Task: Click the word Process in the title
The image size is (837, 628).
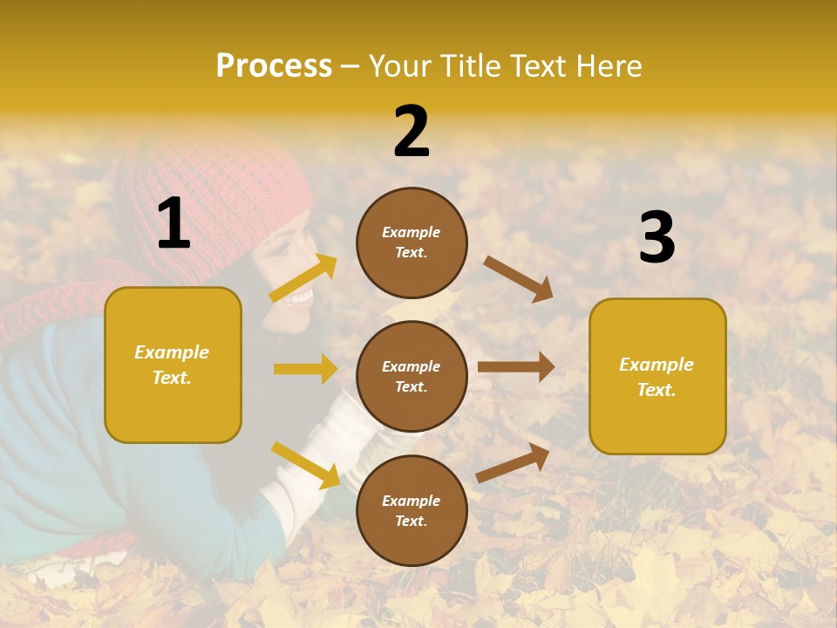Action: click(x=274, y=66)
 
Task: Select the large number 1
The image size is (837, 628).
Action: click(x=174, y=224)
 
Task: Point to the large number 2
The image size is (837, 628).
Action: click(x=412, y=133)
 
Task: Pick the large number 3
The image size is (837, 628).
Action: click(x=657, y=238)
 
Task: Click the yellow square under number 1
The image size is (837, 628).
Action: click(x=173, y=365)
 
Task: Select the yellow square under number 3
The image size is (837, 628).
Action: click(x=657, y=376)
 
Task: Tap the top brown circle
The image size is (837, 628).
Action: click(x=412, y=242)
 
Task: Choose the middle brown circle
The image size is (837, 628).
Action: click(x=412, y=376)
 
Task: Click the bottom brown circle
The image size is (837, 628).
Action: click(x=412, y=510)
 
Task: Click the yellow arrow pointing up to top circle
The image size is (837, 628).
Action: click(x=303, y=278)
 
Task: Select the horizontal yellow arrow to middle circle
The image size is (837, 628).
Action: click(x=305, y=369)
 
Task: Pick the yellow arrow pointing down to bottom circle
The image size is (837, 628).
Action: click(x=305, y=465)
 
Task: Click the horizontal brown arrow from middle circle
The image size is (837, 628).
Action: click(x=516, y=367)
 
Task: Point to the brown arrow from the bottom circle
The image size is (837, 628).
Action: click(x=513, y=462)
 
